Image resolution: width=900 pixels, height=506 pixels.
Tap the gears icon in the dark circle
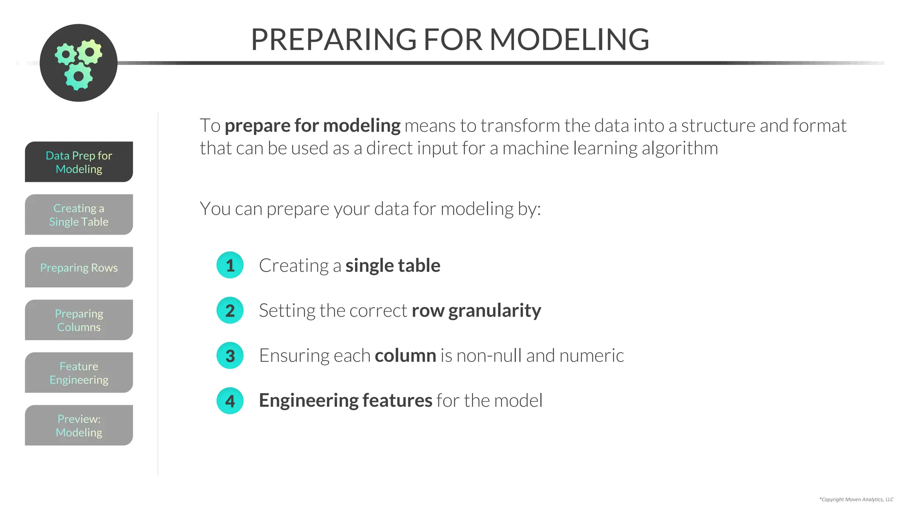point(78,63)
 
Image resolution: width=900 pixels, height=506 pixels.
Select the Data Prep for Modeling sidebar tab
point(79,162)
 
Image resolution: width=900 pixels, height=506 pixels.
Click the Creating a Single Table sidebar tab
point(79,215)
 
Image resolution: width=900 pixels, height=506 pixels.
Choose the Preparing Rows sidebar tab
point(79,267)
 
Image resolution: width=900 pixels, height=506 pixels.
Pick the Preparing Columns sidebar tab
point(79,320)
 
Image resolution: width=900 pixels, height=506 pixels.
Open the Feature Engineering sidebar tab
point(79,373)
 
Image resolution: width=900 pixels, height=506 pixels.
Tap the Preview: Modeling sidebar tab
point(79,426)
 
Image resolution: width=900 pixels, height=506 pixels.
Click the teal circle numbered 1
point(230,265)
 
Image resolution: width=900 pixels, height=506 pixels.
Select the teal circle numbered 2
point(230,311)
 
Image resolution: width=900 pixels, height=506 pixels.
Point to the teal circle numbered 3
point(230,356)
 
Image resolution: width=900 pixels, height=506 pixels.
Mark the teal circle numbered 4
point(230,401)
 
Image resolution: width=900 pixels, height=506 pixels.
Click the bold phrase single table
point(392,266)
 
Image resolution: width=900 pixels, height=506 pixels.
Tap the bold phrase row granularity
point(476,311)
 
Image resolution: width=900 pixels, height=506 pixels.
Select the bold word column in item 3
point(405,356)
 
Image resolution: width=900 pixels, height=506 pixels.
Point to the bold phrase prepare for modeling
point(312,126)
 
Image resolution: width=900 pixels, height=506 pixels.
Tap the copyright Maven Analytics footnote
point(856,499)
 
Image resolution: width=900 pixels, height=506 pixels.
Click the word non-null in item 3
point(489,356)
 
